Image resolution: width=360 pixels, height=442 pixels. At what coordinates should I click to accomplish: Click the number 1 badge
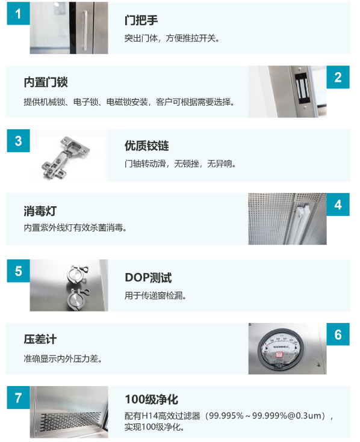18,13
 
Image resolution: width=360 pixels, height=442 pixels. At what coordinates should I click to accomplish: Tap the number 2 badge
338,77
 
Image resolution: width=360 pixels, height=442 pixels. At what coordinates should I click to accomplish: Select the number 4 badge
338,204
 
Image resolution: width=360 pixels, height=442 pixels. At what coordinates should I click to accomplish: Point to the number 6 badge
338,334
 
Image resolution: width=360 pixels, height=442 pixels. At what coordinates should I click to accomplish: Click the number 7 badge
18,397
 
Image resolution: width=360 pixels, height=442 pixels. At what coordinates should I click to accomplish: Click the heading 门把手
141,20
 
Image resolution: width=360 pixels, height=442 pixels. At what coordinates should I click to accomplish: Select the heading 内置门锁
46,82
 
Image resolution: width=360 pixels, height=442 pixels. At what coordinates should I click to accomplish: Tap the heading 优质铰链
147,146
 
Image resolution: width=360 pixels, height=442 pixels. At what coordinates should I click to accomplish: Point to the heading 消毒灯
40,211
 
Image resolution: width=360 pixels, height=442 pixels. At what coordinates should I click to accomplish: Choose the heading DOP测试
149,278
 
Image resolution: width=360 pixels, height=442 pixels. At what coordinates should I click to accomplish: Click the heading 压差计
40,339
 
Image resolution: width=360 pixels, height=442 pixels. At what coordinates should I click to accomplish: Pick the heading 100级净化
152,399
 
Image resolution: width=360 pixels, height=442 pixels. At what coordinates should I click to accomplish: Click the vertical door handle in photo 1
85,31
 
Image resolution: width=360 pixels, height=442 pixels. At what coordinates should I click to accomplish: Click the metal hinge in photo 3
64,158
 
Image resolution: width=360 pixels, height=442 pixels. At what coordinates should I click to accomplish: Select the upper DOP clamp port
77,274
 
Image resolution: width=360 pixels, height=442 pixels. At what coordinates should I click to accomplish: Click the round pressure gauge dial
281,349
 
